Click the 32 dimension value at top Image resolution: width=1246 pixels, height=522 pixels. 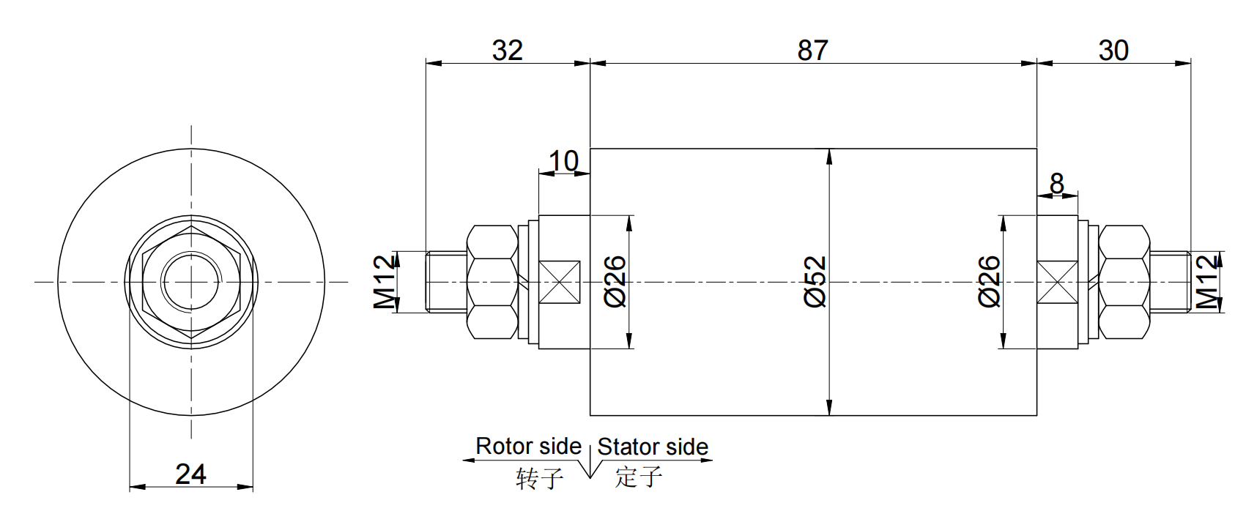point(507,51)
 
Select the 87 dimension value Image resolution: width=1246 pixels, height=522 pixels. point(812,51)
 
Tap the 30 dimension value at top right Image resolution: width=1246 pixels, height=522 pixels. point(1113,51)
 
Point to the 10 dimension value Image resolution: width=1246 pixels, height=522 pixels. point(563,161)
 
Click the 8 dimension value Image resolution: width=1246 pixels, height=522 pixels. point(1056,184)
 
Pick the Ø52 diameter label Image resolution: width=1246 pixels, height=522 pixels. point(815,282)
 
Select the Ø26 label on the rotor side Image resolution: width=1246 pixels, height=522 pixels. point(615,282)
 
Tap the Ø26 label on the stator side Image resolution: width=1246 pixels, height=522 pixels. point(989,282)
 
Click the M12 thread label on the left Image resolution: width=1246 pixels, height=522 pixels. point(385,282)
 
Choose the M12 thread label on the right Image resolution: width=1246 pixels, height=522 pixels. point(1207,282)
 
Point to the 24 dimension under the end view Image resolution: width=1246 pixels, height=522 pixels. point(190,474)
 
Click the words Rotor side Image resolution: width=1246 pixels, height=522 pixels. point(528,446)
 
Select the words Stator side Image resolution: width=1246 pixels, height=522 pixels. point(653,447)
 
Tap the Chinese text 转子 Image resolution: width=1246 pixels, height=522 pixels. point(540,478)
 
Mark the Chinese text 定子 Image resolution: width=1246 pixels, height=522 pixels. point(639,477)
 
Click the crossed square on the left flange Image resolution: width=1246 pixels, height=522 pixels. point(559,282)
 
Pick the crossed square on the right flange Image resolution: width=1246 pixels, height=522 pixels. point(1058,282)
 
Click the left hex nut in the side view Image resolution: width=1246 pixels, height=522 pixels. point(492,282)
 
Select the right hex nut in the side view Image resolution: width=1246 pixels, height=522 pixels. point(1124,282)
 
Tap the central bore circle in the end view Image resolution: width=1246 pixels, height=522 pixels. point(191,282)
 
